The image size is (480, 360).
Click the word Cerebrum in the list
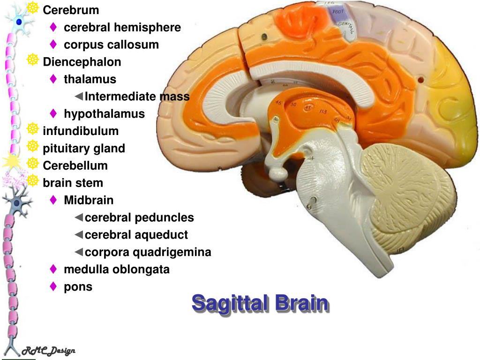pyautogui.click(x=71, y=10)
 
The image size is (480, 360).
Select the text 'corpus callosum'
pyautogui.click(x=111, y=45)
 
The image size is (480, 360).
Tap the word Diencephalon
pyautogui.click(x=82, y=62)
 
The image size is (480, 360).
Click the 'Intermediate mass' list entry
pyautogui.click(x=137, y=97)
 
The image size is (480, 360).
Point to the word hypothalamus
pyautogui.click(x=104, y=114)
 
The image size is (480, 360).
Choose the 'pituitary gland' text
pyautogui.click(x=84, y=149)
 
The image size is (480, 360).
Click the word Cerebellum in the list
pyautogui.click(x=75, y=165)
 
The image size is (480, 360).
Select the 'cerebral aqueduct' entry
pyautogui.click(x=136, y=235)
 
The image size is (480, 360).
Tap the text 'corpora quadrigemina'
pyautogui.click(x=148, y=252)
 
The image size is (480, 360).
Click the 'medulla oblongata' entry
pyautogui.click(x=117, y=270)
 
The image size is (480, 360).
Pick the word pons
pyautogui.click(x=78, y=287)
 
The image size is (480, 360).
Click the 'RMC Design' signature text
pyautogui.click(x=49, y=351)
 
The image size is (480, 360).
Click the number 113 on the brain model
pyautogui.click(x=323, y=112)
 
